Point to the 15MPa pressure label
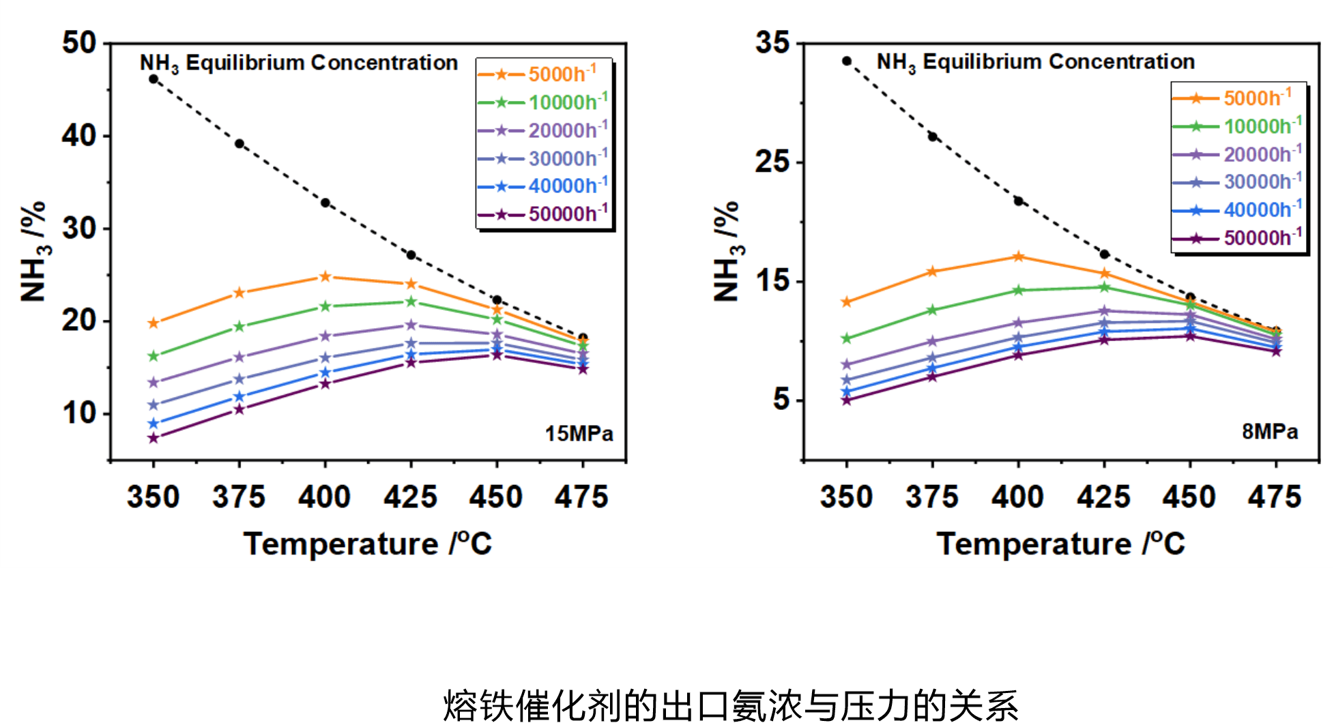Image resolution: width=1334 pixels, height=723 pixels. coord(579,434)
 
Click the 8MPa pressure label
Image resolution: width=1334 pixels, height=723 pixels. coord(1270,432)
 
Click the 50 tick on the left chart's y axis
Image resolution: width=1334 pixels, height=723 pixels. coord(80,43)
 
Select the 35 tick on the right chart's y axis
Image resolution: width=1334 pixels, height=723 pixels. coord(773,43)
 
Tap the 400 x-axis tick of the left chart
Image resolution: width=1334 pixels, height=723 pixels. coord(325,497)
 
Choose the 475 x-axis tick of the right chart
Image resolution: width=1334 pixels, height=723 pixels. coord(1275,497)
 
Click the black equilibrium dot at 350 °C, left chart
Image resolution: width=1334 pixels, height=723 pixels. coord(154,79)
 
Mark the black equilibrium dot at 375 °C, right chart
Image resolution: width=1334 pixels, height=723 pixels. coord(933,136)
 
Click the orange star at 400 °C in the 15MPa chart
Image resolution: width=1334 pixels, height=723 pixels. coord(325,276)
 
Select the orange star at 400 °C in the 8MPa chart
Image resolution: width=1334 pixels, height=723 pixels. coord(1019,256)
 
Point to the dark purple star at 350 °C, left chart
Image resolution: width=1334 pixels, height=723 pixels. coord(154,438)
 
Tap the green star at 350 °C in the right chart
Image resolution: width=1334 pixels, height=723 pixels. coord(847,338)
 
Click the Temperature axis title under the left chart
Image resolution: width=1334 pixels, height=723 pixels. coord(368,544)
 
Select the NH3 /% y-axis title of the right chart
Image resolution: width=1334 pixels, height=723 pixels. coord(727,251)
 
